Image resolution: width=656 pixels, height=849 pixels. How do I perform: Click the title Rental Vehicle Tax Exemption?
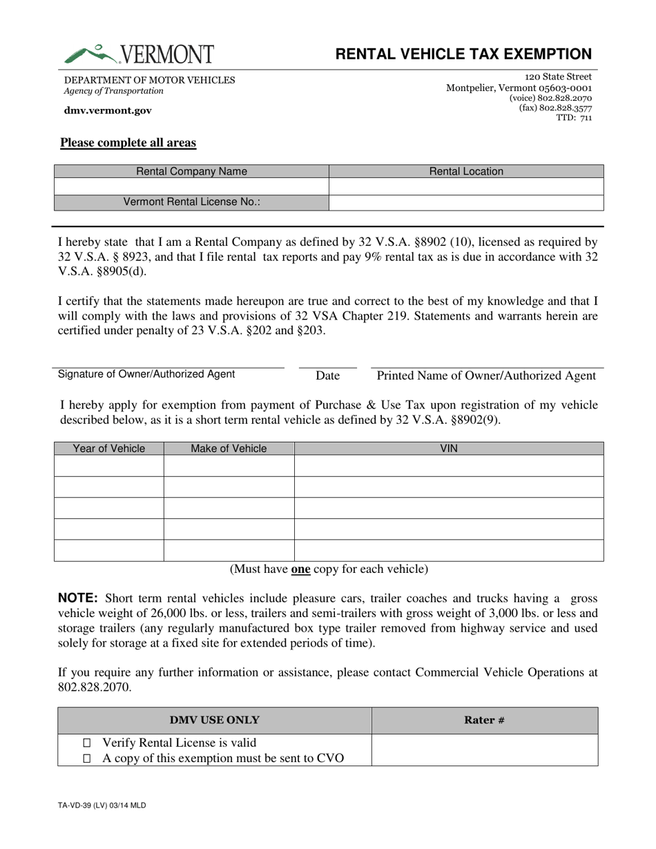(x=463, y=55)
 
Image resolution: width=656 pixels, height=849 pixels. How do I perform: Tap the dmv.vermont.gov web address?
(x=108, y=110)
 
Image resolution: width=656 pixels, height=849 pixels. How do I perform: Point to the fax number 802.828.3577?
(x=555, y=108)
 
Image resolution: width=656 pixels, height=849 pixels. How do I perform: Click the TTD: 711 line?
(x=574, y=118)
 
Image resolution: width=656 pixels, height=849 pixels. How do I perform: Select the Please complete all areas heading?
(x=128, y=143)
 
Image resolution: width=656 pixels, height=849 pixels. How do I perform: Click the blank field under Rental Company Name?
(x=191, y=187)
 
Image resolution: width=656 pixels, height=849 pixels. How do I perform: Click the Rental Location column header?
(x=466, y=171)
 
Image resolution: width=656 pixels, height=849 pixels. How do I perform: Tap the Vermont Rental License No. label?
(x=191, y=202)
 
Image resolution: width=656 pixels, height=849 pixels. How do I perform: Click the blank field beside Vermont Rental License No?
(x=466, y=202)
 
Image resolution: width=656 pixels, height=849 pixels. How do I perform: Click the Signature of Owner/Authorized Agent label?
(x=146, y=374)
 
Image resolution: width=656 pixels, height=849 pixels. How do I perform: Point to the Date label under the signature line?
(x=327, y=375)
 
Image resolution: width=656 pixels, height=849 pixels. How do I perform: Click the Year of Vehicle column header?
(x=109, y=449)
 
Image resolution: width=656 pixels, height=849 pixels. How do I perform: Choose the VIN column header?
(x=449, y=449)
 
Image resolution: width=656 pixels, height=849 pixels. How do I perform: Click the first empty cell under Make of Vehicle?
(x=229, y=466)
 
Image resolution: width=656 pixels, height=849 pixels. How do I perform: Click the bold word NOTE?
(x=78, y=598)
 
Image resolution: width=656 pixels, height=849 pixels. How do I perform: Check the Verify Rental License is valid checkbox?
(x=86, y=743)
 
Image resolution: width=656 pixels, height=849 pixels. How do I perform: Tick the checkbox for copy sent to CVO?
(x=86, y=759)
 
